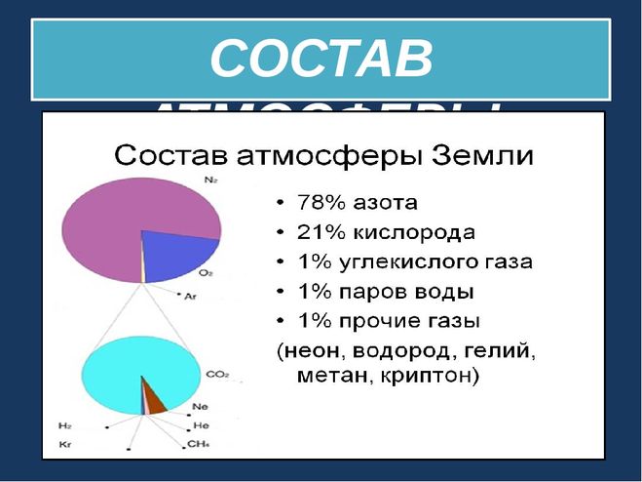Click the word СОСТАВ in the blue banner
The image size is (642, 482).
click(x=321, y=60)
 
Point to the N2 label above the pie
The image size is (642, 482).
click(x=210, y=181)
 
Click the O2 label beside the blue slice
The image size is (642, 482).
click(x=205, y=272)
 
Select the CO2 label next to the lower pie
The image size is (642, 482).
click(x=217, y=373)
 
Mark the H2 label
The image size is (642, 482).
click(x=66, y=426)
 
